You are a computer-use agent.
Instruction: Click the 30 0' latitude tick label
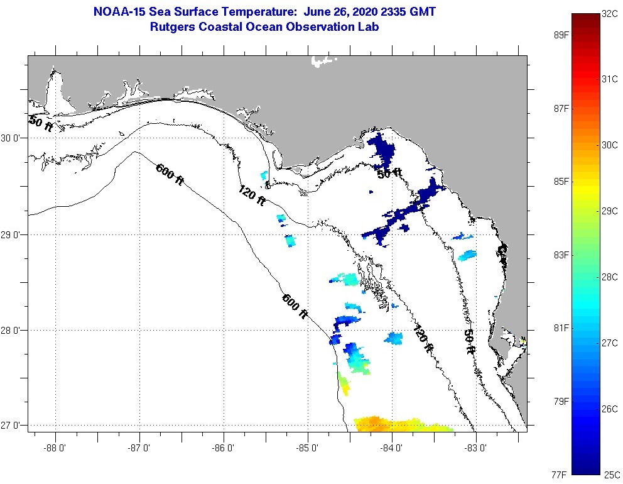13,138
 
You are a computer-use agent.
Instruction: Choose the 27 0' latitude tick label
13,426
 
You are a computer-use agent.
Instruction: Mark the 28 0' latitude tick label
13,330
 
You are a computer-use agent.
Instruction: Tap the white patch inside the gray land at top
323,60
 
